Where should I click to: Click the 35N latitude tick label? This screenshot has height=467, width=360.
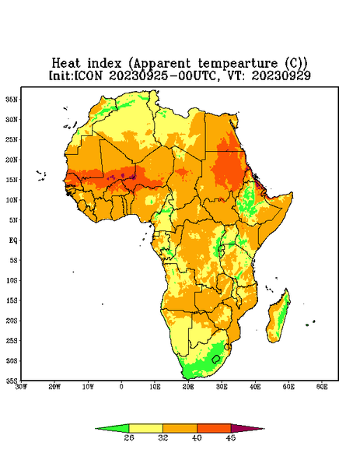[12, 100]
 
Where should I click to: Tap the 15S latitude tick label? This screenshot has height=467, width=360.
[12, 300]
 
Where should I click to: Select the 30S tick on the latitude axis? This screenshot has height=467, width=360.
[12, 360]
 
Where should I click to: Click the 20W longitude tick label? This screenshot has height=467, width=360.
[54, 387]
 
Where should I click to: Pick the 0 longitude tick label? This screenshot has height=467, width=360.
[121, 387]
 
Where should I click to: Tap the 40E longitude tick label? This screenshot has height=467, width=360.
[255, 387]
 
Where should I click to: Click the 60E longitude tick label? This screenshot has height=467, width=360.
[322, 387]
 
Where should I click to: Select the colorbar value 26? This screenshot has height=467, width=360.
[129, 437]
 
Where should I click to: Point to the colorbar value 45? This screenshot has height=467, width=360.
[231, 437]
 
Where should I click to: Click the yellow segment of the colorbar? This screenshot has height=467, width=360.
[145, 428]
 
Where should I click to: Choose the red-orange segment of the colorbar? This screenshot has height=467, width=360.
[214, 428]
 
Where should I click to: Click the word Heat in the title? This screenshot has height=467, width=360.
[66, 63]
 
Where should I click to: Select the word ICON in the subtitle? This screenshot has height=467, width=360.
[88, 75]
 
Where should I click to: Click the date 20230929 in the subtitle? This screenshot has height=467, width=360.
[281, 75]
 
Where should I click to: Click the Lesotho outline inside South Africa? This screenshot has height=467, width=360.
[215, 359]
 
